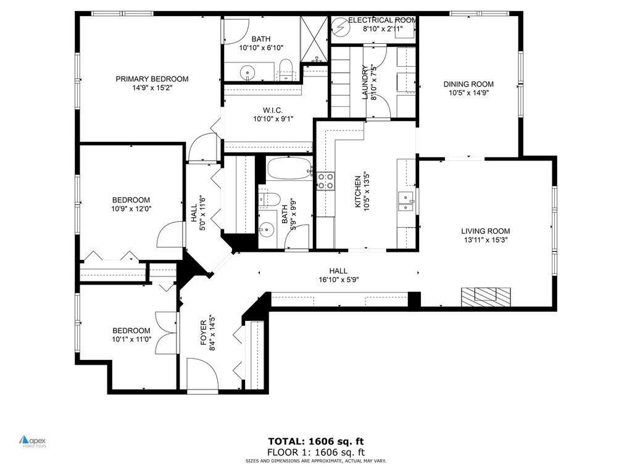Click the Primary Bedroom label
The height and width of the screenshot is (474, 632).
pos(152,79)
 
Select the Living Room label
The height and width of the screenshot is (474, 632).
pos(486,231)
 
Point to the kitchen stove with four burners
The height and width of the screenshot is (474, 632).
pos(326,181)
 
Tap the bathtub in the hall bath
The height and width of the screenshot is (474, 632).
pos(289,168)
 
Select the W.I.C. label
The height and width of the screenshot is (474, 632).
pos(267,110)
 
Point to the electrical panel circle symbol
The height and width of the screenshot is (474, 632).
pos(339,27)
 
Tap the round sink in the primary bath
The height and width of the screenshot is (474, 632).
pos(249,72)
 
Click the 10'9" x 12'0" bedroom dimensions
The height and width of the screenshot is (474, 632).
pos(131,209)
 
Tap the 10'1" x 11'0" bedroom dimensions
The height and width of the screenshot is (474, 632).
pos(131,339)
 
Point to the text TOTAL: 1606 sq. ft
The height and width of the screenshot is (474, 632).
pos(315,441)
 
